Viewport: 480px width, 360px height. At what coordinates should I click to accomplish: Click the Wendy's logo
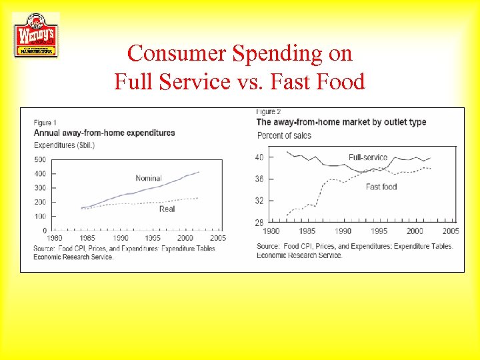(36, 35)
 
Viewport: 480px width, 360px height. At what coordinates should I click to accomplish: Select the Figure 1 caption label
(45, 122)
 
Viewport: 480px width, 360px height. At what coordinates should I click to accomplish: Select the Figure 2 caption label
(269, 111)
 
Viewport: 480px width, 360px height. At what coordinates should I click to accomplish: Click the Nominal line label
(148, 178)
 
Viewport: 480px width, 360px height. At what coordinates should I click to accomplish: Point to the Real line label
(167, 209)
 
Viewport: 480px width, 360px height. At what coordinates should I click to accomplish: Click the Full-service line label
(368, 157)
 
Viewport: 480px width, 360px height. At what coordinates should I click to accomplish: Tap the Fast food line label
(381, 187)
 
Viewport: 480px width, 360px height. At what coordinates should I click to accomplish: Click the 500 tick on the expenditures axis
(39, 159)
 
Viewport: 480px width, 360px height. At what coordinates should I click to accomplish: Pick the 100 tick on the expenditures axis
(39, 217)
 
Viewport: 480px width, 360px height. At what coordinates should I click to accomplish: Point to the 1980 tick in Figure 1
(55, 238)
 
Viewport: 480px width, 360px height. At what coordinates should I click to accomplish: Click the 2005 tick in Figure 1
(217, 238)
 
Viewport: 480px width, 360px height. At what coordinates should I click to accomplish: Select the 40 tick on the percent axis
(259, 157)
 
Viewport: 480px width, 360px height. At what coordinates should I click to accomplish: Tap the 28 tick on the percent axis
(259, 223)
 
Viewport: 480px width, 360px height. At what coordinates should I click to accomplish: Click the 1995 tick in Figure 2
(378, 231)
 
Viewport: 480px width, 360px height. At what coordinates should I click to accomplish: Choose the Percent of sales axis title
(284, 135)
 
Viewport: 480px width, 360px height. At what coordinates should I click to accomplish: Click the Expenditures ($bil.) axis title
(65, 145)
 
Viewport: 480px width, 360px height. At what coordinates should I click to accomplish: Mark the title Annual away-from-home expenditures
(104, 133)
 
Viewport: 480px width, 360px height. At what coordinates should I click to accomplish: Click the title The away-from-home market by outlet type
(341, 122)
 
